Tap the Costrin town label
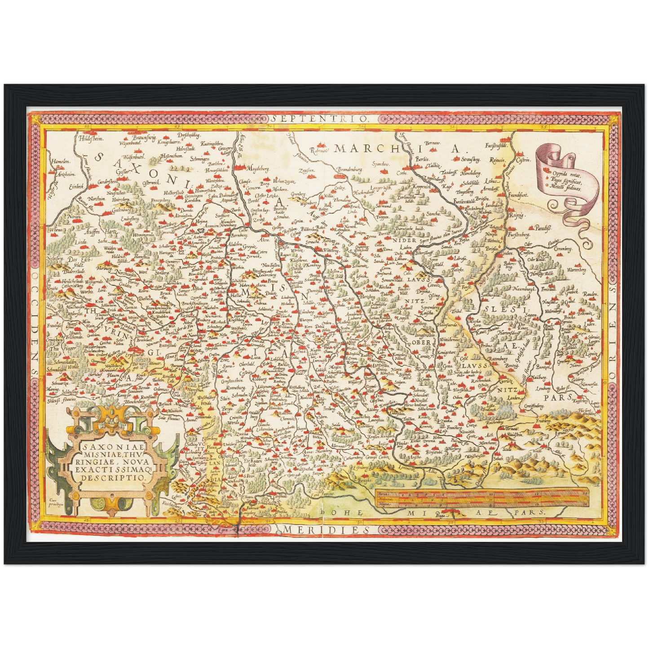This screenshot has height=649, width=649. click(x=524, y=160)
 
